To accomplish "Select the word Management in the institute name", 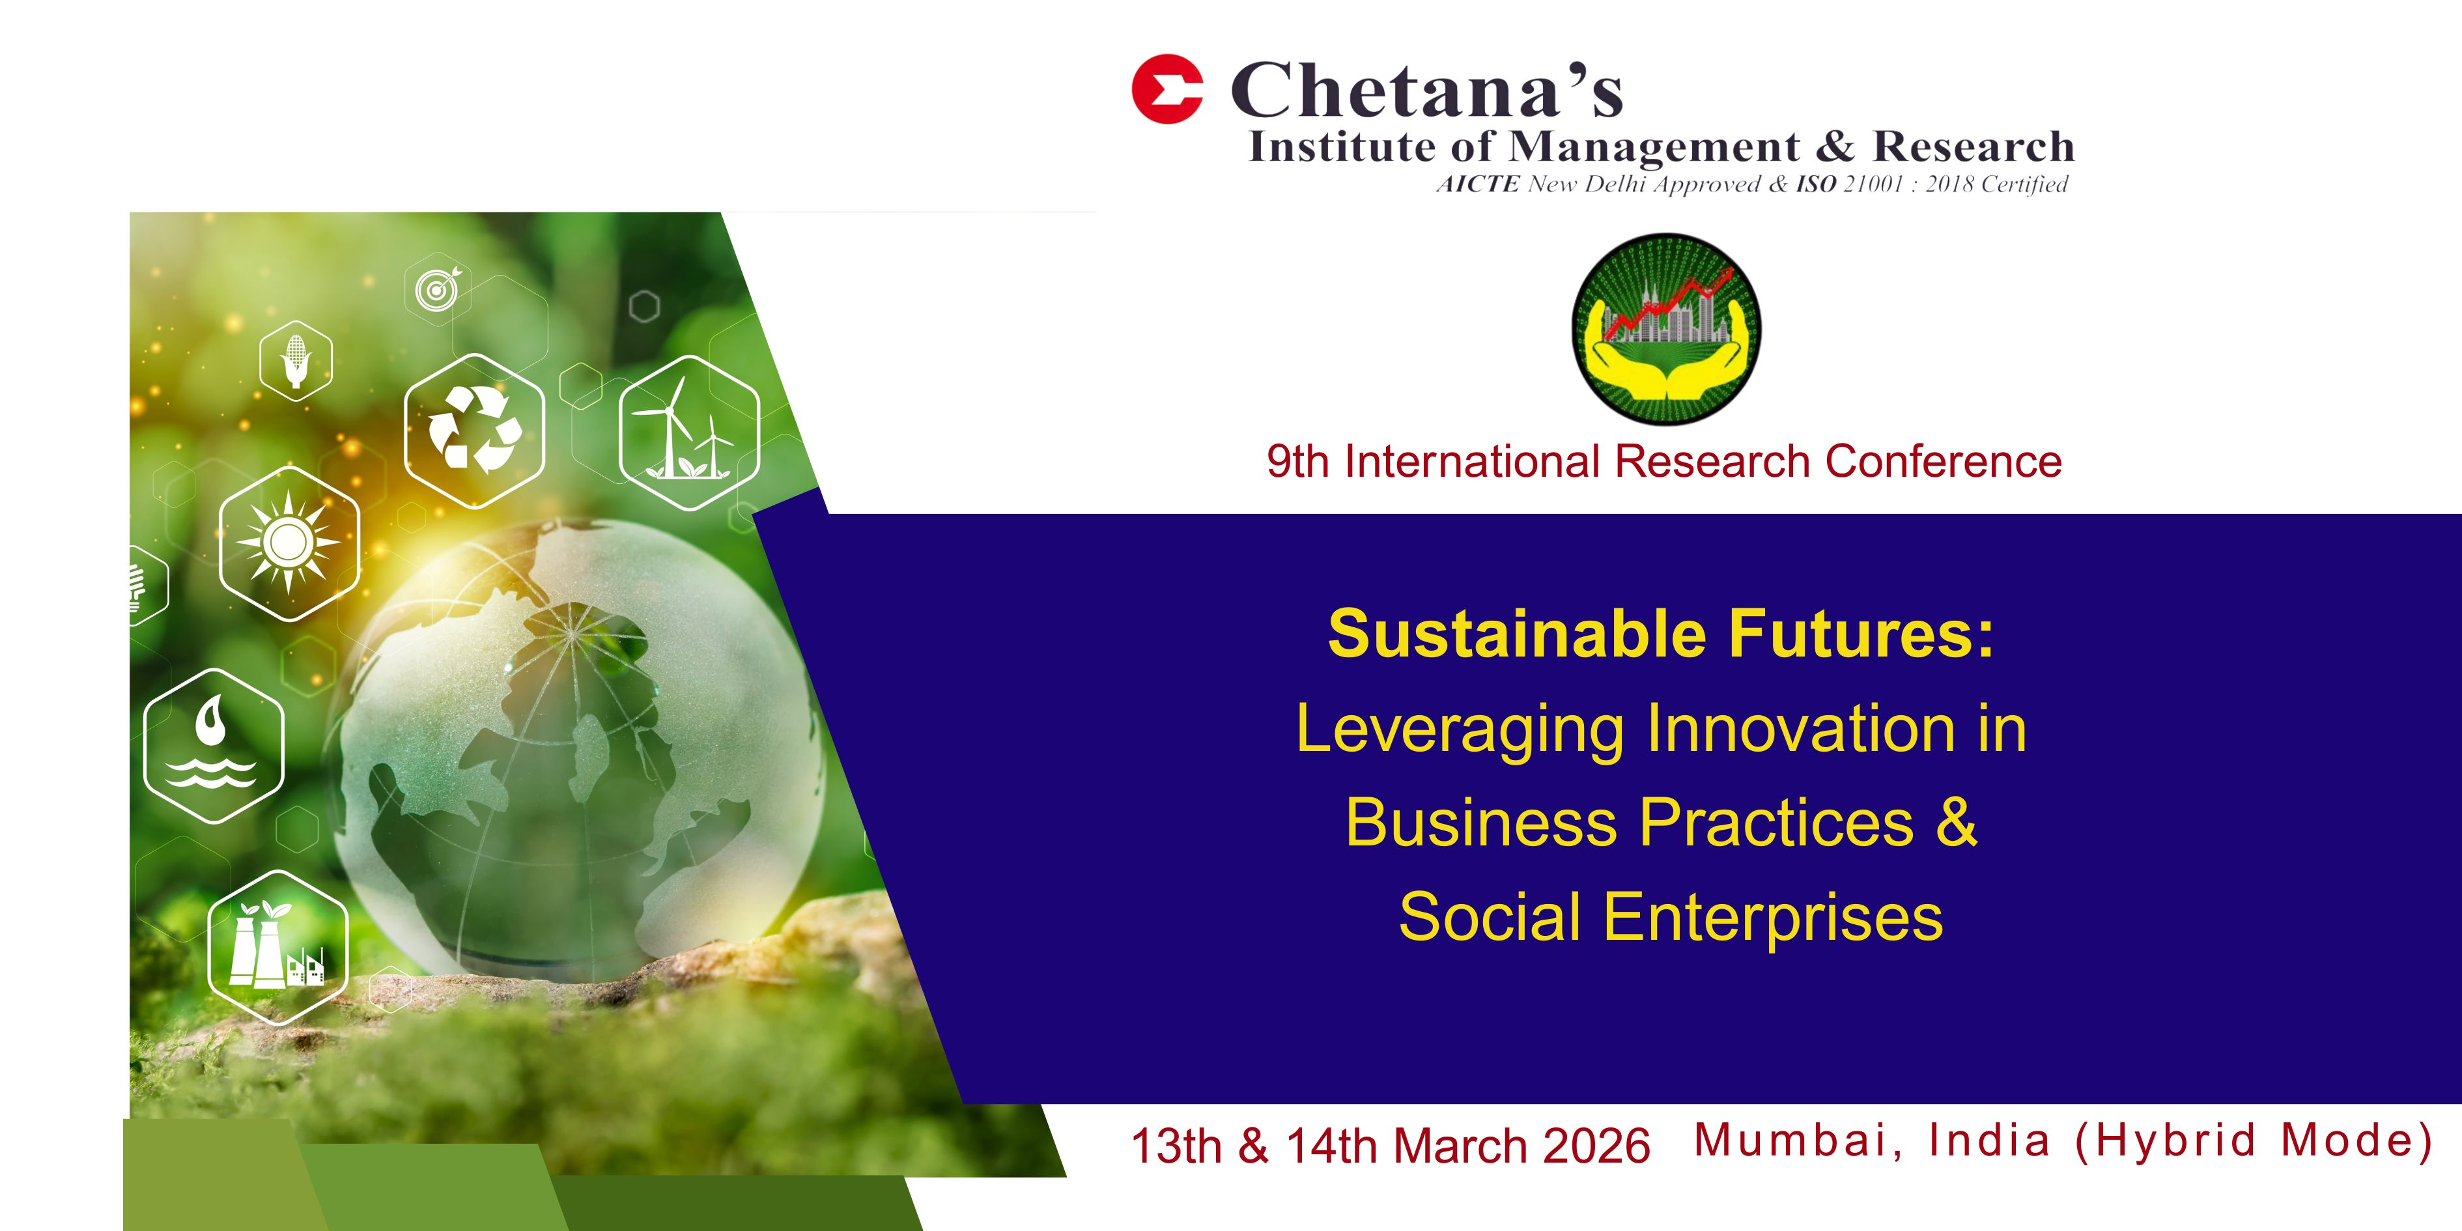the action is [x=1654, y=147].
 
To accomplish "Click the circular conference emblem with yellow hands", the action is [x=1666, y=329].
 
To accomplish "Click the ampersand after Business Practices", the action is [x=1957, y=822].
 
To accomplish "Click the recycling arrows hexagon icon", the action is [x=474, y=430].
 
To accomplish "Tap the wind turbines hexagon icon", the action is [x=689, y=433].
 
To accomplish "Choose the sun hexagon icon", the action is [x=289, y=543].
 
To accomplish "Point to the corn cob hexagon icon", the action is [x=296, y=360].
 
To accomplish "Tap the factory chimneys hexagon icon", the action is [x=277, y=947].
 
